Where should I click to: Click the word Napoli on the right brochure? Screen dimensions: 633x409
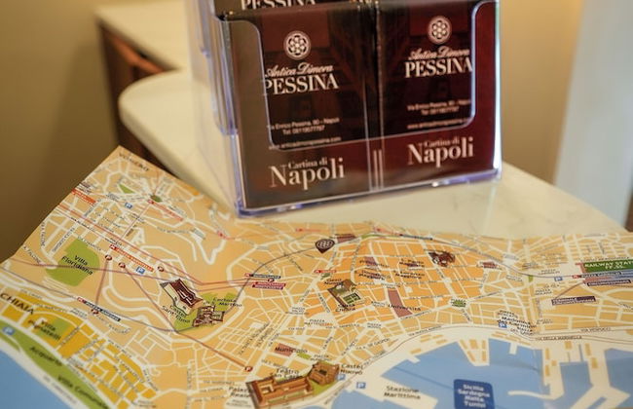(440, 152)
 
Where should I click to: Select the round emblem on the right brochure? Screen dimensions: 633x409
(438, 29)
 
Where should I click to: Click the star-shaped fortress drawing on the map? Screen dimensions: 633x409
(182, 292)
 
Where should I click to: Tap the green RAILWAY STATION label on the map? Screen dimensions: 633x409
(606, 264)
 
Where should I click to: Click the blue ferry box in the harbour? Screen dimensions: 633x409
(473, 392)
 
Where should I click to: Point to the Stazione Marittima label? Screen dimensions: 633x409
(381, 394)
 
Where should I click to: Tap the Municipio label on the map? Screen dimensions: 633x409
(290, 349)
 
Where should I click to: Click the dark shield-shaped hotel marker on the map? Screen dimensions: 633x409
(324, 244)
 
